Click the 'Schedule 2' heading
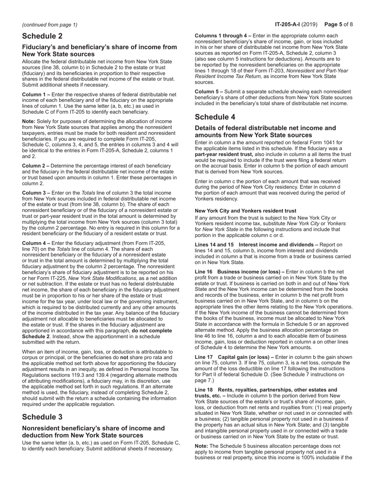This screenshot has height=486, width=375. (42, 36)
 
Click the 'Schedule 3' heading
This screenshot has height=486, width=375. (42, 417)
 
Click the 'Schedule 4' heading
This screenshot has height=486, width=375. (215, 117)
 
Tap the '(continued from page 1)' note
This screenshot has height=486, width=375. (50, 24)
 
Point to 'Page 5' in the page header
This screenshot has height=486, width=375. (334, 24)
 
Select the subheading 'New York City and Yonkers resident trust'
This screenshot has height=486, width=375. (246, 211)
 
